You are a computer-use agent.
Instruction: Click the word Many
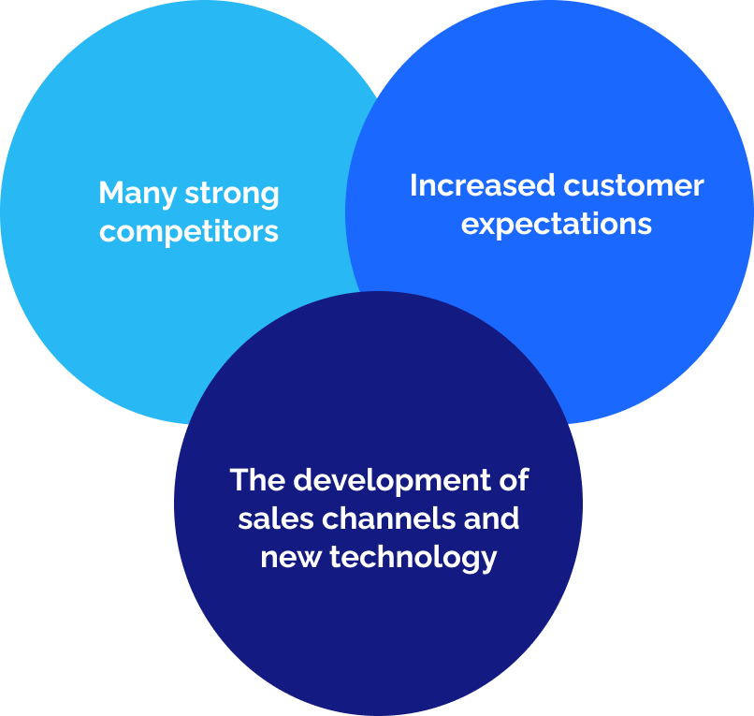137,194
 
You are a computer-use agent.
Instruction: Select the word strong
232,194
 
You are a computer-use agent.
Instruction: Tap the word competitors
189,232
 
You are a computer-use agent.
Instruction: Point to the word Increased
482,185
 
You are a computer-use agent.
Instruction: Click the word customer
633,185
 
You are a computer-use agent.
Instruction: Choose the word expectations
557,225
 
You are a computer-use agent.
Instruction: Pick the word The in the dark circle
257,480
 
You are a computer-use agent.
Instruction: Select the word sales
276,519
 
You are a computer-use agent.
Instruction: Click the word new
290,558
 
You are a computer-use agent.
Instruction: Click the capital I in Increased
413,185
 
